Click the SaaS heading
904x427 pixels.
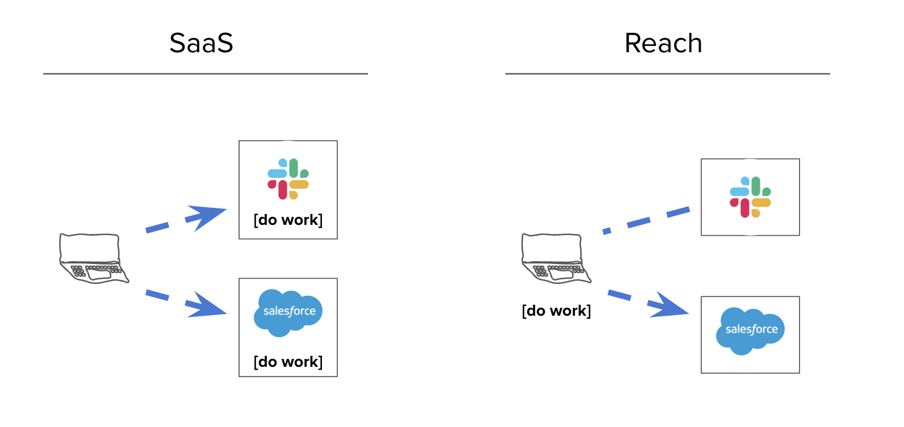[x=202, y=43]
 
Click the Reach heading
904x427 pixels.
[x=663, y=43]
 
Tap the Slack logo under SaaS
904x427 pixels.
[x=288, y=179]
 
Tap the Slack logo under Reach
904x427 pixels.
[x=750, y=197]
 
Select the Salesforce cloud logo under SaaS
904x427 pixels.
[x=288, y=312]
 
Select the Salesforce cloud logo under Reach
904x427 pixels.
[x=750, y=330]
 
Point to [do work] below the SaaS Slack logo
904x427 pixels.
[x=288, y=220]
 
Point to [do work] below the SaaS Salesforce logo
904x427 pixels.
[x=288, y=362]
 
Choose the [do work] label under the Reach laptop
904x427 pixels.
[x=556, y=311]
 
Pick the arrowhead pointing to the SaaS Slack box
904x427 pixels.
[x=207, y=216]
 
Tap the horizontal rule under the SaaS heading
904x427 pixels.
[x=206, y=74]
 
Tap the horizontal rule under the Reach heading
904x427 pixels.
[x=668, y=74]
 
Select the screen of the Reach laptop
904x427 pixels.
[x=551, y=248]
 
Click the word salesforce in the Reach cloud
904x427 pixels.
[x=751, y=329]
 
